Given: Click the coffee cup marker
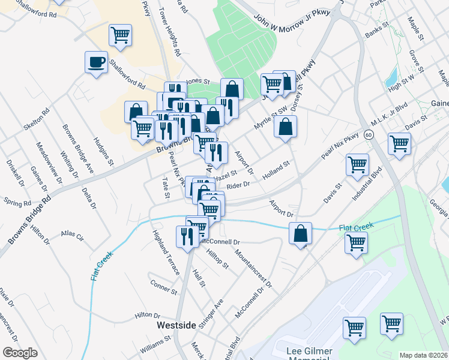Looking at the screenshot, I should tap(97, 62).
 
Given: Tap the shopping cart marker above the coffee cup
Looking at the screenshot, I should tap(121, 35).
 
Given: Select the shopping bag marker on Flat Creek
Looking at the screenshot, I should tap(301, 233).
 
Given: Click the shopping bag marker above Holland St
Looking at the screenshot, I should tap(286, 127).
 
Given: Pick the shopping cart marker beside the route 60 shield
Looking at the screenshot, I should tap(399, 144).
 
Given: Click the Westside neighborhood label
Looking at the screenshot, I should tap(176, 325).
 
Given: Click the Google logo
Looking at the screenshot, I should tap(20, 353).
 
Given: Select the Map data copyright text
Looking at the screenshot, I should tap(424, 355).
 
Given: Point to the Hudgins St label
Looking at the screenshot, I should tap(103, 150).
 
